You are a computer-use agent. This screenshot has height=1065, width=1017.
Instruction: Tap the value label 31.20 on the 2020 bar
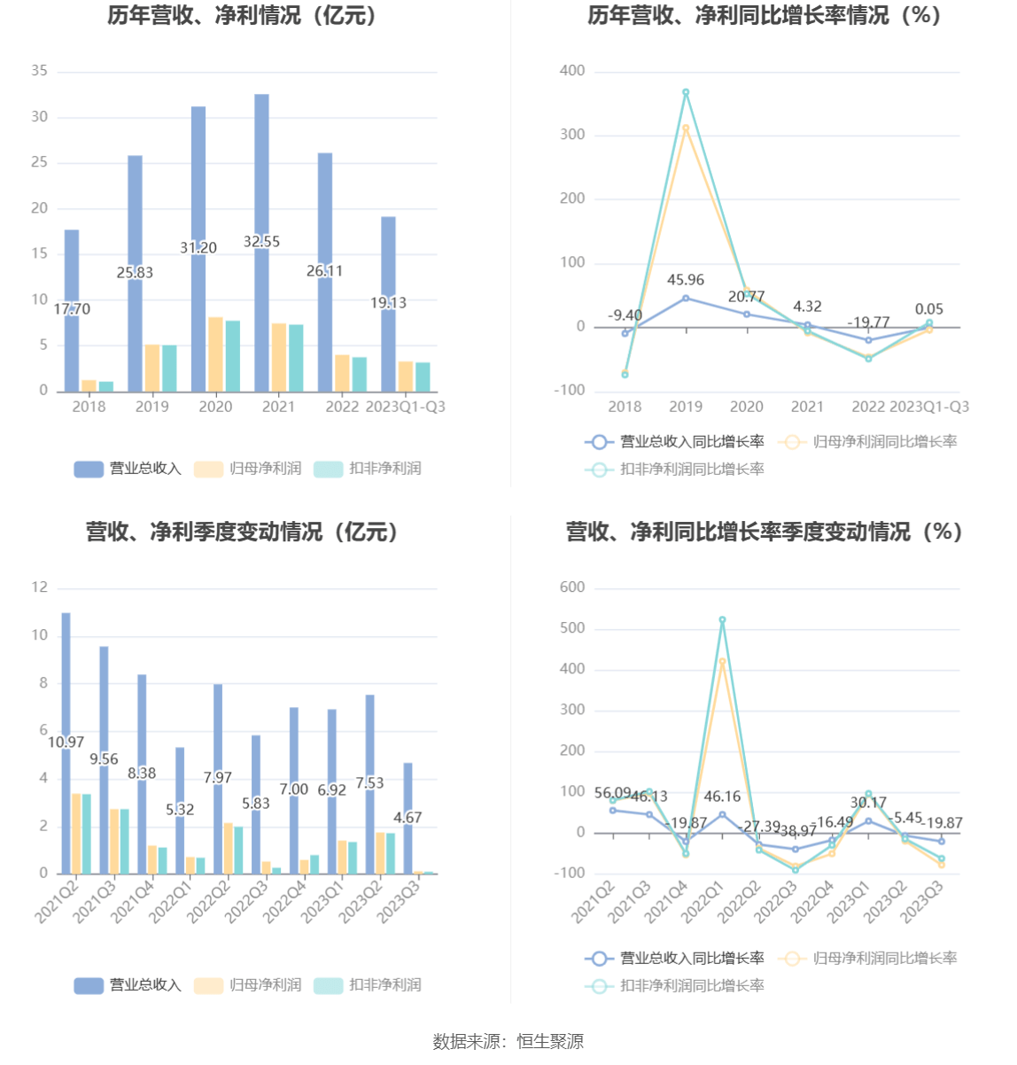(x=198, y=248)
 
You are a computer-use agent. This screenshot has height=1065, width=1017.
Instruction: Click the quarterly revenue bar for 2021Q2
(x=66, y=673)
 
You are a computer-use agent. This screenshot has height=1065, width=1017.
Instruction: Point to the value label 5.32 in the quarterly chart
(x=180, y=810)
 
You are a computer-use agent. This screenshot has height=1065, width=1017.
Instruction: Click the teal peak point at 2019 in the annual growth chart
(x=686, y=92)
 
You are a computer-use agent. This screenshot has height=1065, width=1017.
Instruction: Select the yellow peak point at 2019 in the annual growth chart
(x=686, y=128)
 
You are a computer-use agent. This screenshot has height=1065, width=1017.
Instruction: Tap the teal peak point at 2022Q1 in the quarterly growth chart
(x=723, y=620)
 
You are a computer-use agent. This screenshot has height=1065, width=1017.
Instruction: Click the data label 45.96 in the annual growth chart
(x=686, y=280)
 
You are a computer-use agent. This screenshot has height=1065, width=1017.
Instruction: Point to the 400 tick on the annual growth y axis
(x=572, y=71)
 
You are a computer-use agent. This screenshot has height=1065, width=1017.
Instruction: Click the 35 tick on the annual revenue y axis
(x=39, y=71)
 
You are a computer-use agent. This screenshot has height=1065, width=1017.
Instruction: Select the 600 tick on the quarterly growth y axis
(x=572, y=587)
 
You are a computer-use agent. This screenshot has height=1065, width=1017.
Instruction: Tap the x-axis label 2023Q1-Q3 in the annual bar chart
(x=405, y=407)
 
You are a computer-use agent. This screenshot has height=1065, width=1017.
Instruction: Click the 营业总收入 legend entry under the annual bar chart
(x=128, y=469)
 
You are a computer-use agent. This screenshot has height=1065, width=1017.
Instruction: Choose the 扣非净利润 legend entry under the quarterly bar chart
(x=369, y=985)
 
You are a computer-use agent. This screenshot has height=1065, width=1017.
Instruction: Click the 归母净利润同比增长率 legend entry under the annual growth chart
(x=868, y=441)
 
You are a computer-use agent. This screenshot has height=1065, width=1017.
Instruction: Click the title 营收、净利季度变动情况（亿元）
(x=243, y=532)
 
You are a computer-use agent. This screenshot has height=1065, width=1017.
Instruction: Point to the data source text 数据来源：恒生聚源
(x=508, y=1042)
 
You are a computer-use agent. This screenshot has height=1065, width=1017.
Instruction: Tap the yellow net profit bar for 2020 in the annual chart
(x=215, y=354)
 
